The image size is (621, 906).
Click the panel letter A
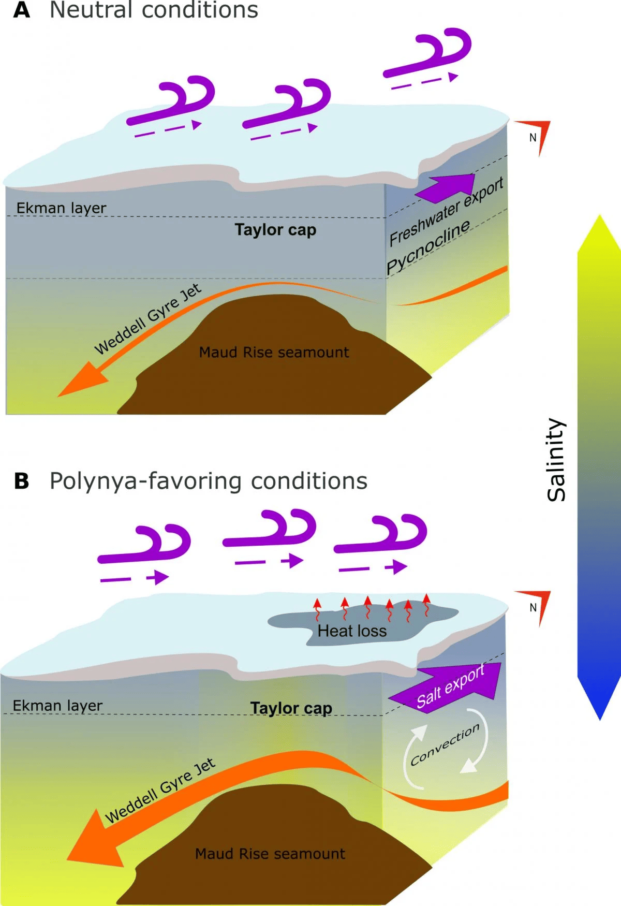21,10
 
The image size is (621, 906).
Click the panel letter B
21,481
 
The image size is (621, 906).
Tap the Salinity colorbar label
557,460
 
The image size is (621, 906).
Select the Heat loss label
352,631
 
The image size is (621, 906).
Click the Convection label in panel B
445,745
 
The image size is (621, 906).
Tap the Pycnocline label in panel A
428,246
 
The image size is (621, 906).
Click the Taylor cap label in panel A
275,230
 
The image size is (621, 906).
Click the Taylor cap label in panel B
291,708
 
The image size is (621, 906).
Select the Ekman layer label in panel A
61,208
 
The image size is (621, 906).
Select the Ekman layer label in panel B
57,706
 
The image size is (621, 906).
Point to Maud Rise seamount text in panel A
274,353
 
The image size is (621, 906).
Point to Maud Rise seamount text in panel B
270,854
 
